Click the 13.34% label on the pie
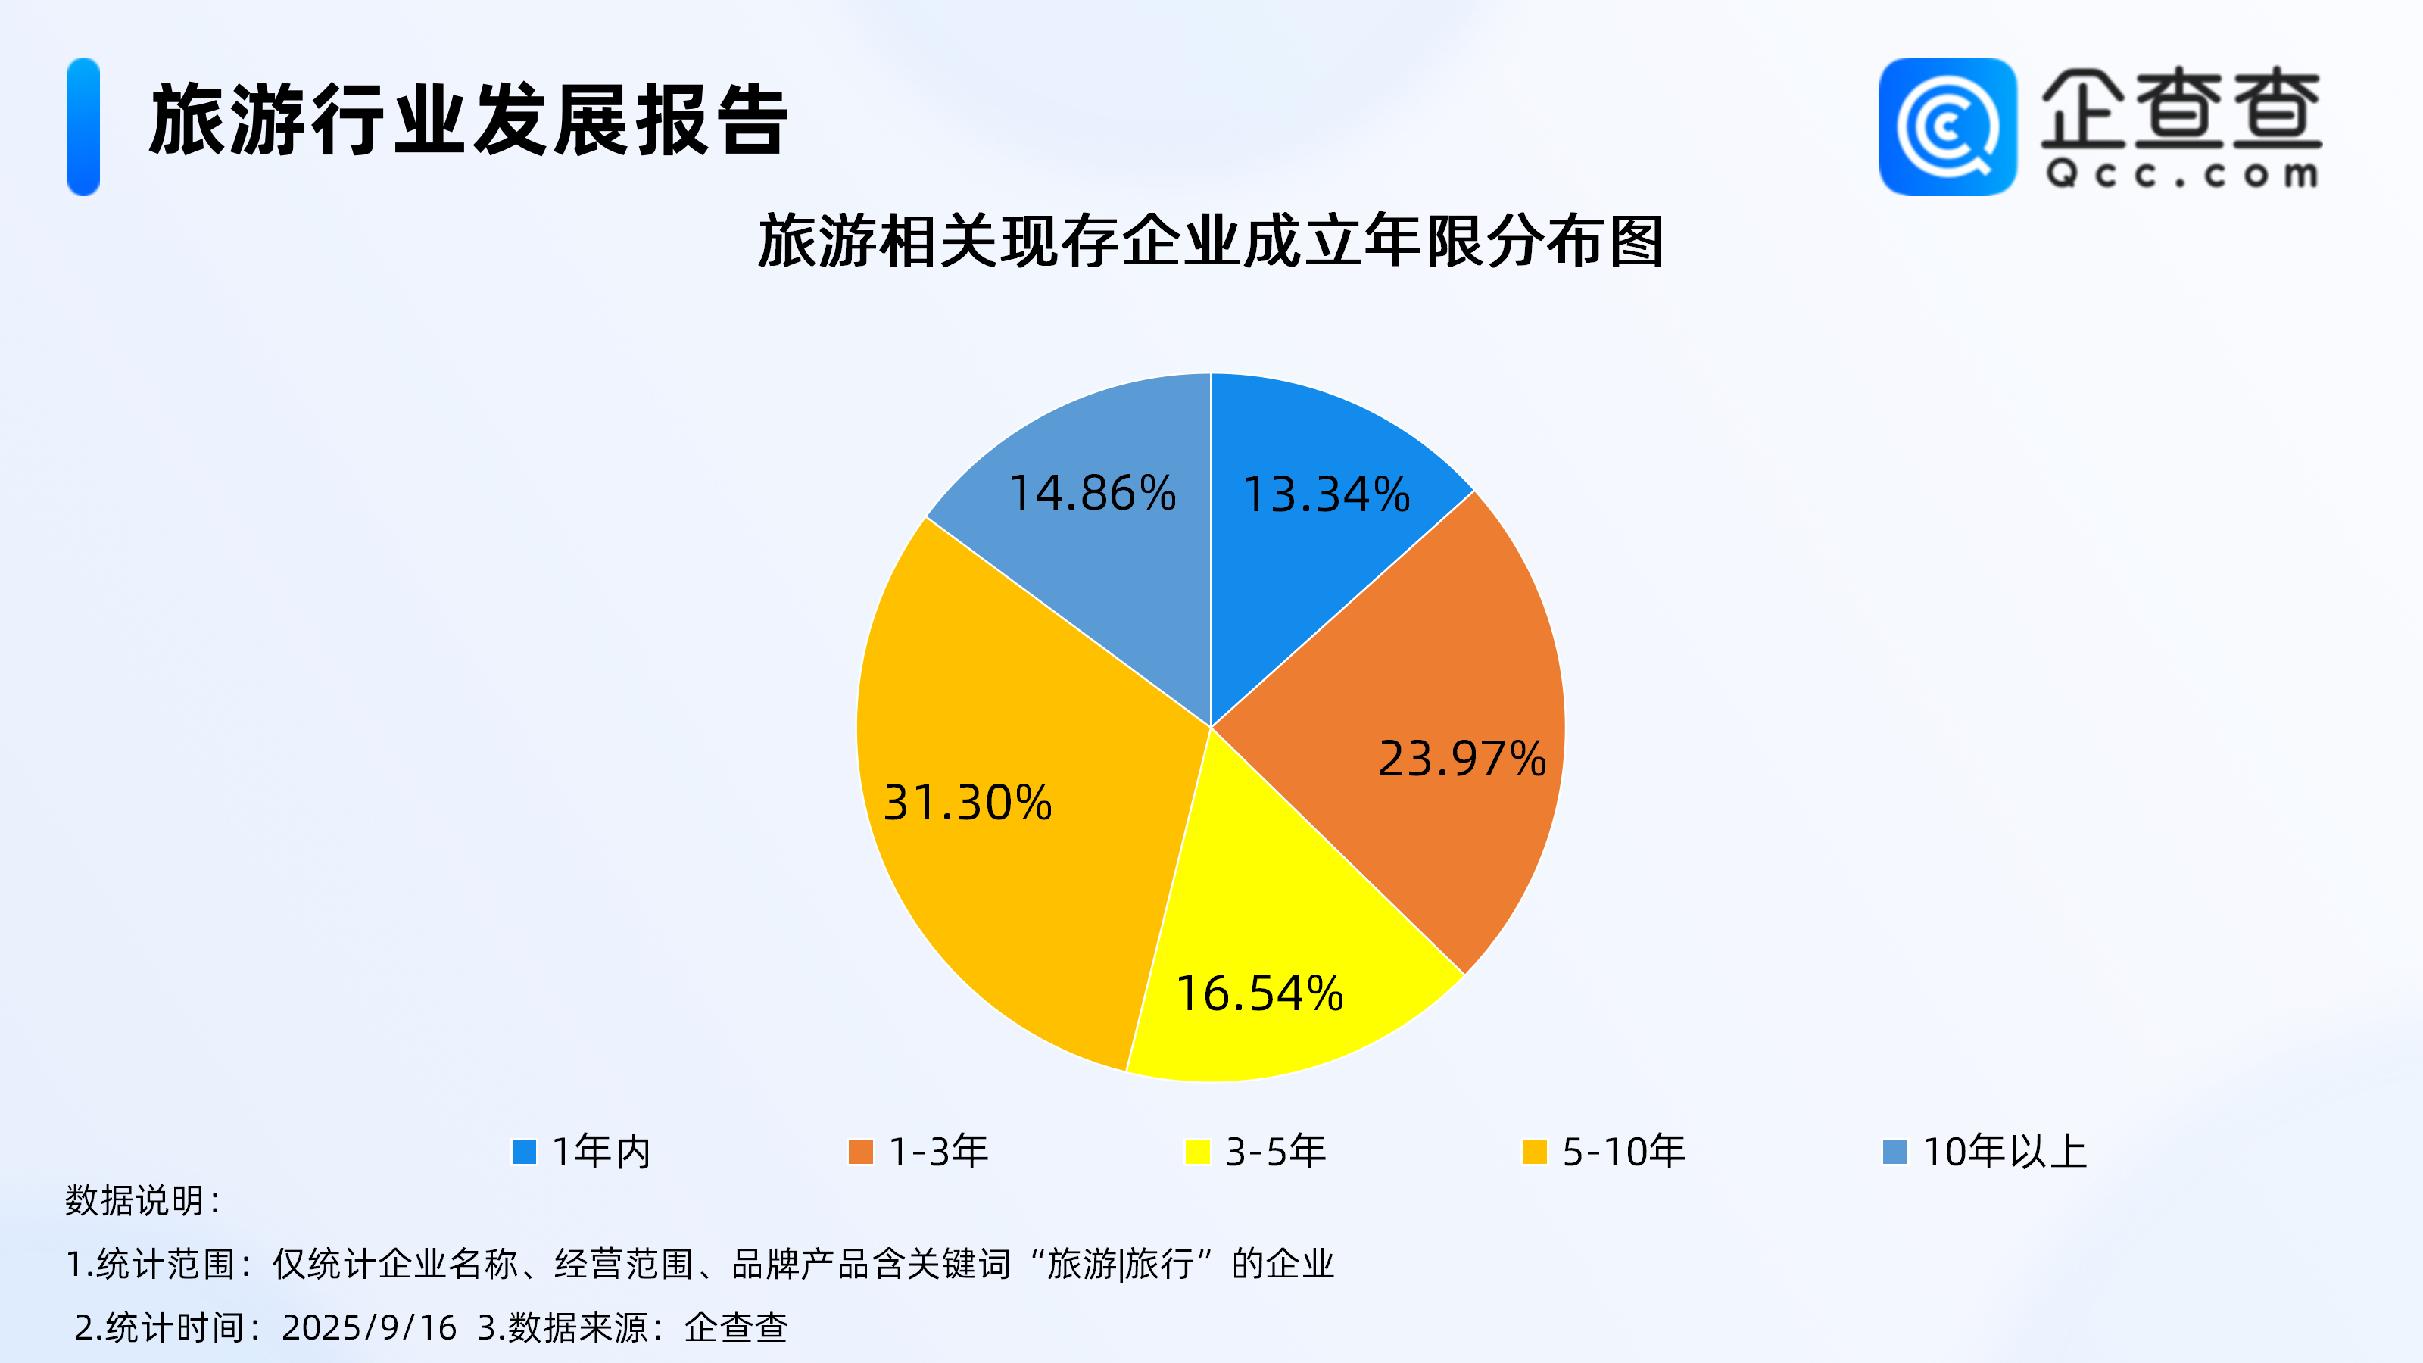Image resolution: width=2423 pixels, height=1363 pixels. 1327,494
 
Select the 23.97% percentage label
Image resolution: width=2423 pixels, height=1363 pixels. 1461,759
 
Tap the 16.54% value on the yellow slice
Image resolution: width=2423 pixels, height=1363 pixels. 1259,994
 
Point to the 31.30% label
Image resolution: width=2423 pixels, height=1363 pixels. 967,803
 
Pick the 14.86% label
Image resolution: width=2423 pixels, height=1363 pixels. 1092,494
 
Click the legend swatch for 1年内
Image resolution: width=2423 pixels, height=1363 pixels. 524,1151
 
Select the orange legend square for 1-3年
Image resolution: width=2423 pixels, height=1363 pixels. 861,1151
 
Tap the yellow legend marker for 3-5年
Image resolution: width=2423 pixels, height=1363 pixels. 1197,1151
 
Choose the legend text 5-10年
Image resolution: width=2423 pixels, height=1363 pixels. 1623,1151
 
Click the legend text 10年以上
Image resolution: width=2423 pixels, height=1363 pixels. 2004,1151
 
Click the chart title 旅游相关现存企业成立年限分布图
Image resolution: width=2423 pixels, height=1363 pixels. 1211,242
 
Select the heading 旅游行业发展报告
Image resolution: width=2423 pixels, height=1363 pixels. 469,120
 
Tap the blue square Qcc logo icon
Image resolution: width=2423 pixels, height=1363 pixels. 1948,127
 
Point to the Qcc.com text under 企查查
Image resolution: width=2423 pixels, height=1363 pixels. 2182,174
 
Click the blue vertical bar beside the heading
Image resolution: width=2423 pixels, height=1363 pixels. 84,127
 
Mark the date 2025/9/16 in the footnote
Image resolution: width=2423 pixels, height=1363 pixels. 369,1327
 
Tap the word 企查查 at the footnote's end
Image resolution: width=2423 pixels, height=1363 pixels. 735,1327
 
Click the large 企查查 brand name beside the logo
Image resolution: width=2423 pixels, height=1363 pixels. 2181,108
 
